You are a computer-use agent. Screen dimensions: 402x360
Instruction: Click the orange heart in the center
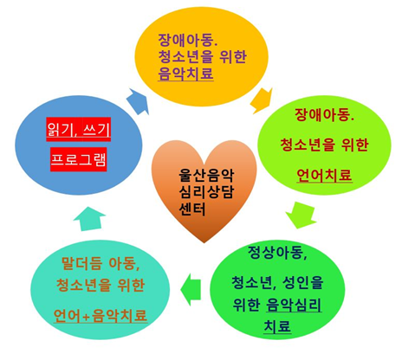tap(204, 190)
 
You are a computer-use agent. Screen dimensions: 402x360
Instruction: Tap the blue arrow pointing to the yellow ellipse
tap(138, 101)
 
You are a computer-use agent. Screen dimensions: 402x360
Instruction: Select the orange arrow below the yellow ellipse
tap(262, 101)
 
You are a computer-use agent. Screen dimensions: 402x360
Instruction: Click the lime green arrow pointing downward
tap(301, 215)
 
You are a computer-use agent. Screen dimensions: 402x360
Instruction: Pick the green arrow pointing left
tap(191, 289)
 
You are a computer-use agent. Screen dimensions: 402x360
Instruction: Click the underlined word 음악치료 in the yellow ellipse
tap(185, 74)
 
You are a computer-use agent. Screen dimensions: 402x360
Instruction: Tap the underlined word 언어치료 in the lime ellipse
tap(324, 175)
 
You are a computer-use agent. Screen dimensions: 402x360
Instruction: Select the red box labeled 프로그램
tap(79, 159)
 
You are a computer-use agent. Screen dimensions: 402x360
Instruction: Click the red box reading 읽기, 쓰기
tap(79, 129)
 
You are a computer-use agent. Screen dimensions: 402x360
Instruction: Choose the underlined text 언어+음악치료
tap(100, 316)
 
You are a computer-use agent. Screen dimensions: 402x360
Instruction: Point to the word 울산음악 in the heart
tap(206, 176)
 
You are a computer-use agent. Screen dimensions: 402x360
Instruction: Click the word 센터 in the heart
tap(192, 209)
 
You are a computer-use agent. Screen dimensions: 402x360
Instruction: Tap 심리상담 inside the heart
tap(206, 192)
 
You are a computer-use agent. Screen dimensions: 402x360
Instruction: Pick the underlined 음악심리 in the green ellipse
tap(294, 305)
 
